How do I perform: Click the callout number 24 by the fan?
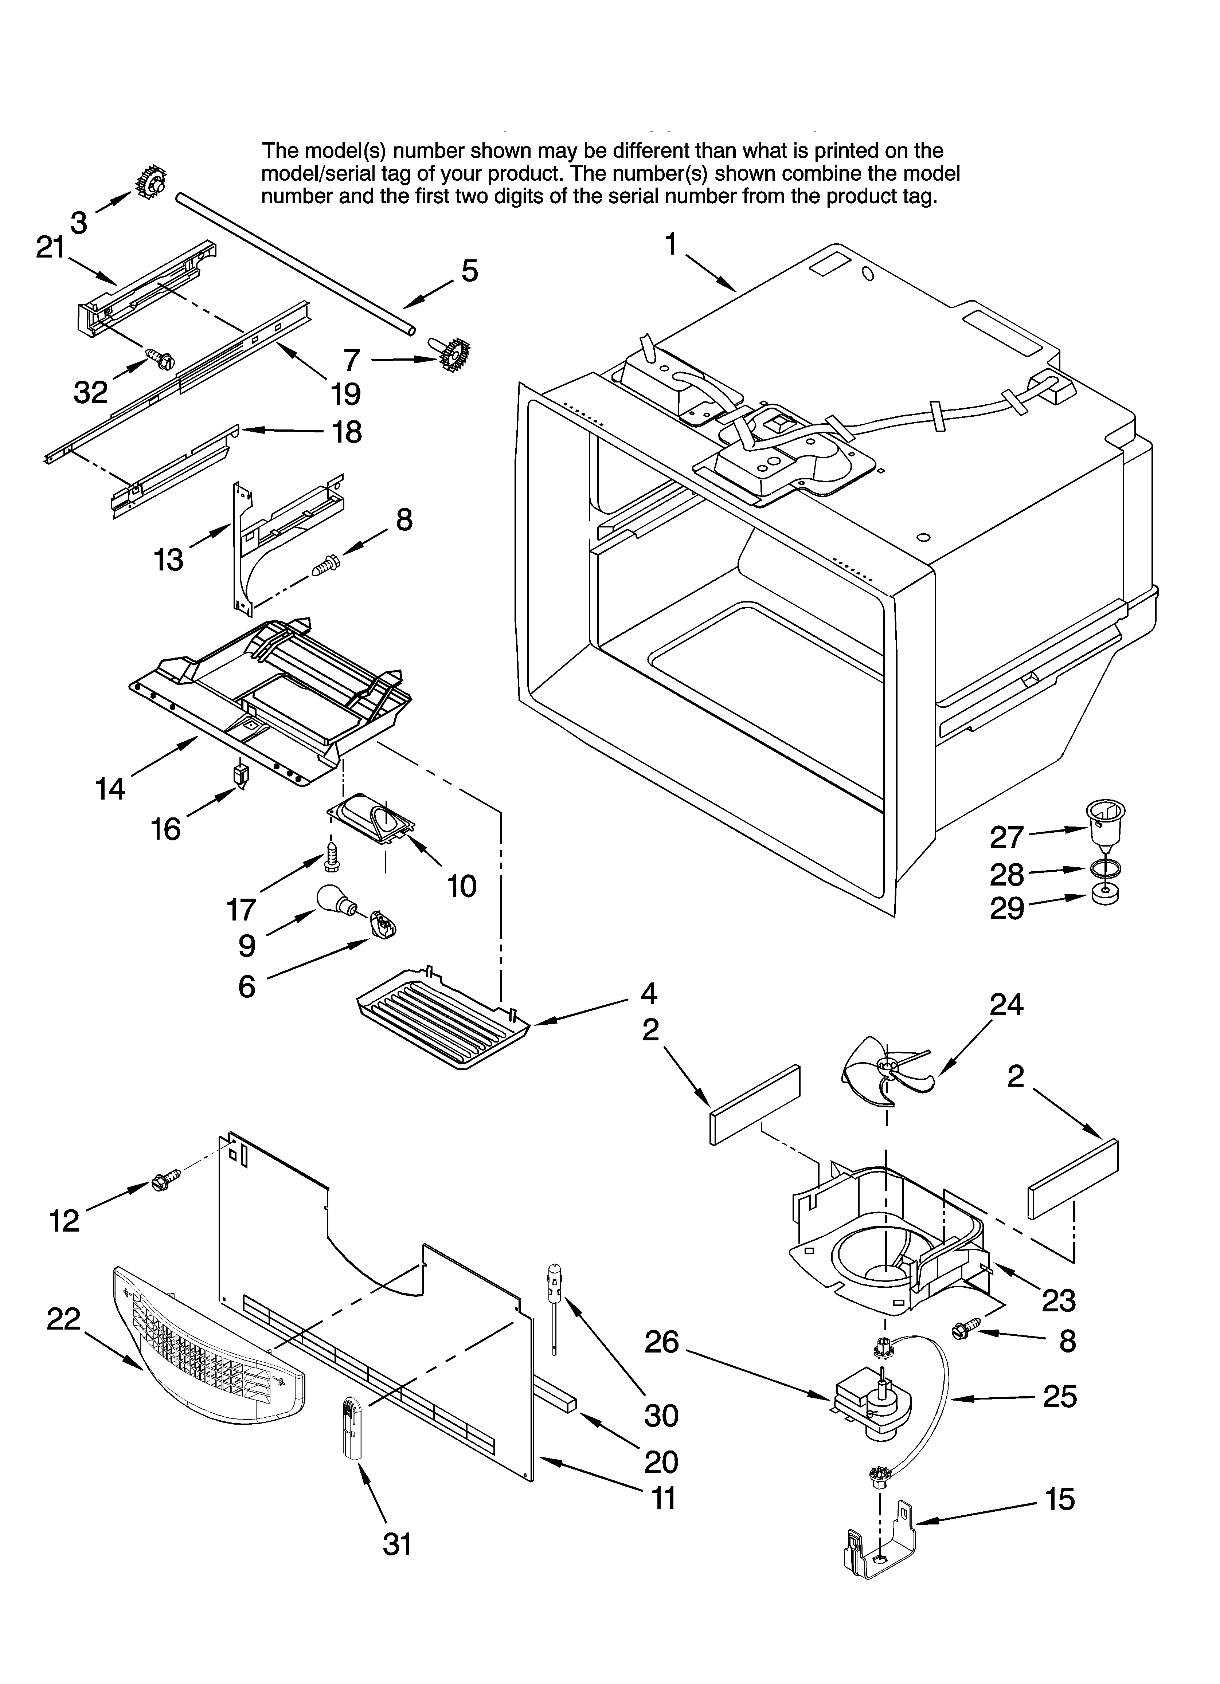(x=1006, y=1005)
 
